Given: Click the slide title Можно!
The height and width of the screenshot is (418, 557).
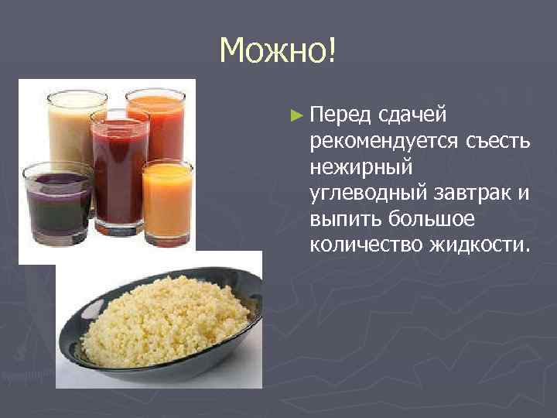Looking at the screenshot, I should [x=278, y=51].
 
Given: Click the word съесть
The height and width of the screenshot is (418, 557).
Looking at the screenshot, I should [x=497, y=142].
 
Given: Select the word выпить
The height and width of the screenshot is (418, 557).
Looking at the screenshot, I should [x=341, y=219].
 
